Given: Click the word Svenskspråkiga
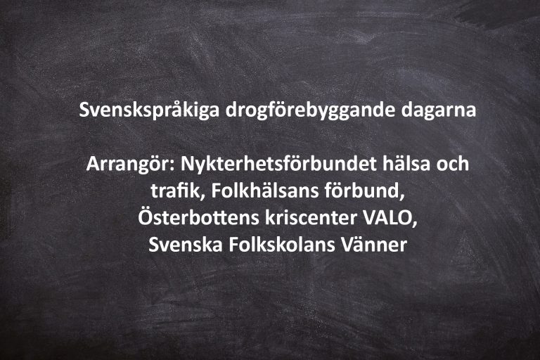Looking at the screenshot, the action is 149,110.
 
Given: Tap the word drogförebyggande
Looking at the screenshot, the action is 309,110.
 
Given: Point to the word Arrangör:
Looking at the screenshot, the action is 131,165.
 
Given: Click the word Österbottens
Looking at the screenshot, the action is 199,217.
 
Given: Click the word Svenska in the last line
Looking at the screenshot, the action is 186,244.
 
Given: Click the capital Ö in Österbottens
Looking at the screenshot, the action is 146,217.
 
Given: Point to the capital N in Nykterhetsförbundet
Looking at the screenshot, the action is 188,164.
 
